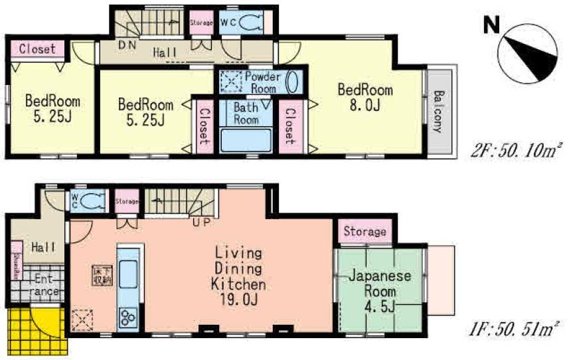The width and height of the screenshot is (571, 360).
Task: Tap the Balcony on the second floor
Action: [x=440, y=110]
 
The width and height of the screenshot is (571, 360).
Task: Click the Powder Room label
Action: [x=262, y=82]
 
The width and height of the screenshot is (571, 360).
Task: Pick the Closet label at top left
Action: [x=37, y=48]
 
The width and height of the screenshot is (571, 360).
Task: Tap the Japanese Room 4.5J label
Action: [x=380, y=291]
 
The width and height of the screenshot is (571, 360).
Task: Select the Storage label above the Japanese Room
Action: [x=365, y=232]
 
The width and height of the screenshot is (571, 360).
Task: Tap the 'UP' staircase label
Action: [x=201, y=221]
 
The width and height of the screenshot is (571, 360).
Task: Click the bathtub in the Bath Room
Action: [x=246, y=141]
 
